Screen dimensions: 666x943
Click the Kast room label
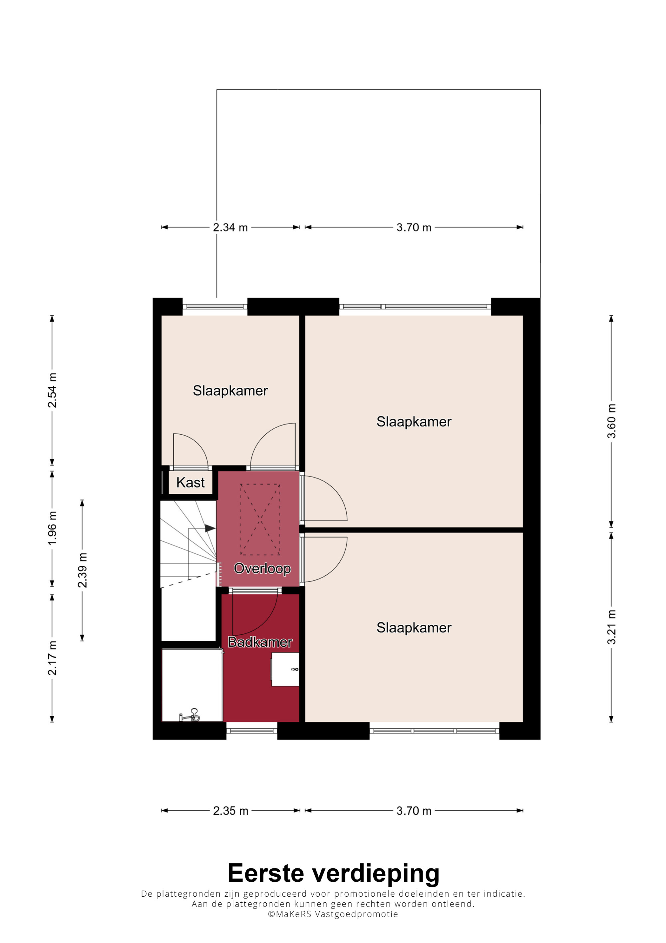[190, 482]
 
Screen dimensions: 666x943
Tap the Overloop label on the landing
[262, 568]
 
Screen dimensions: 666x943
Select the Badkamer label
[260, 642]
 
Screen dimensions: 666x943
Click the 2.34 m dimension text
[230, 227]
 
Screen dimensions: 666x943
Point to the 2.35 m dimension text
[231, 811]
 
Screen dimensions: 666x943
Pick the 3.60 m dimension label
[611, 421]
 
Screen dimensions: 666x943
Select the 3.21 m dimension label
[611, 627]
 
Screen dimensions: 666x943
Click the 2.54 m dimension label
[52, 390]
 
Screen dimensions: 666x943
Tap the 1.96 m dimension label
[52, 528]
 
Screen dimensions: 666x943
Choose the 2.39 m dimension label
[83, 570]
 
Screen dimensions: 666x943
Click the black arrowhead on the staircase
[210, 528]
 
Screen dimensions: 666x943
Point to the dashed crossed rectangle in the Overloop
[260, 519]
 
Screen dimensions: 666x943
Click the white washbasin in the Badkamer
[285, 669]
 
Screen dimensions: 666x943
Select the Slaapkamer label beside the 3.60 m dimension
[414, 422]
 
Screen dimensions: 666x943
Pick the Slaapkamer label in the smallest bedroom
[230, 391]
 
